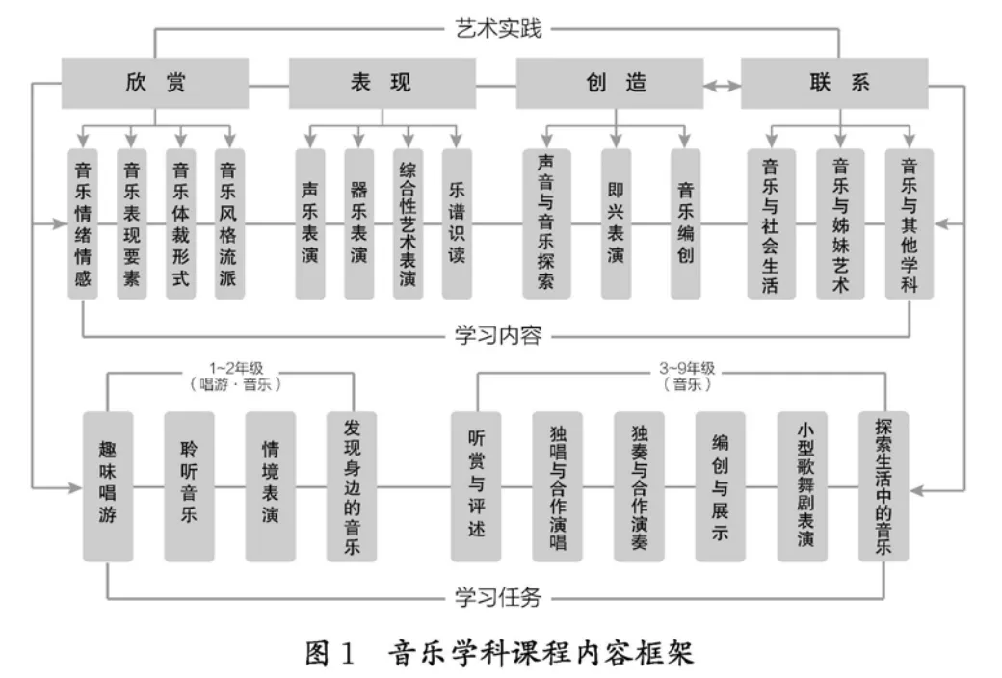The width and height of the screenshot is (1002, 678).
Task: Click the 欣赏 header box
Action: [x=155, y=83]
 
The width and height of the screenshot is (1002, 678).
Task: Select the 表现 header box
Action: [x=381, y=83]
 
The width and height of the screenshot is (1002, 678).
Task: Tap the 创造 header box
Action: [x=612, y=83]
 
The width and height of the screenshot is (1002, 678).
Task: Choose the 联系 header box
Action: [x=834, y=83]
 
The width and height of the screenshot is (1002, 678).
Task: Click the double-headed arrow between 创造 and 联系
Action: [x=721, y=85]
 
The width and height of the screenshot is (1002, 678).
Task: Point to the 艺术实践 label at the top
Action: [x=498, y=27]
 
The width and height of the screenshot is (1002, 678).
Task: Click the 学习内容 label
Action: [x=498, y=336]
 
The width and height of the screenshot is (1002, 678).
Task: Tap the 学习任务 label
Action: [x=498, y=598]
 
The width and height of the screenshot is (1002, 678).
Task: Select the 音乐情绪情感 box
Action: [x=84, y=224]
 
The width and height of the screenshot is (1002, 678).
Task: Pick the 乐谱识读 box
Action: [x=457, y=224]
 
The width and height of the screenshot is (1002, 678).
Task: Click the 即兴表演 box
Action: [x=616, y=224]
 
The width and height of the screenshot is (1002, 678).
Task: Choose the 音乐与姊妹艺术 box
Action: [x=840, y=224]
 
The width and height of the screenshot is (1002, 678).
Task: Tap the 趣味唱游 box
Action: [x=108, y=486]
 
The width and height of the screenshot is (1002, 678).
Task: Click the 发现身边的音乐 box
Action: [x=352, y=486]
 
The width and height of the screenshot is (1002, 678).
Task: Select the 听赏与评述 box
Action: [x=476, y=486]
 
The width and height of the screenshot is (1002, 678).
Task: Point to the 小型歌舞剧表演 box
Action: [x=803, y=486]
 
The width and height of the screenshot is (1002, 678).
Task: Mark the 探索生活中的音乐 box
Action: [x=883, y=486]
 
